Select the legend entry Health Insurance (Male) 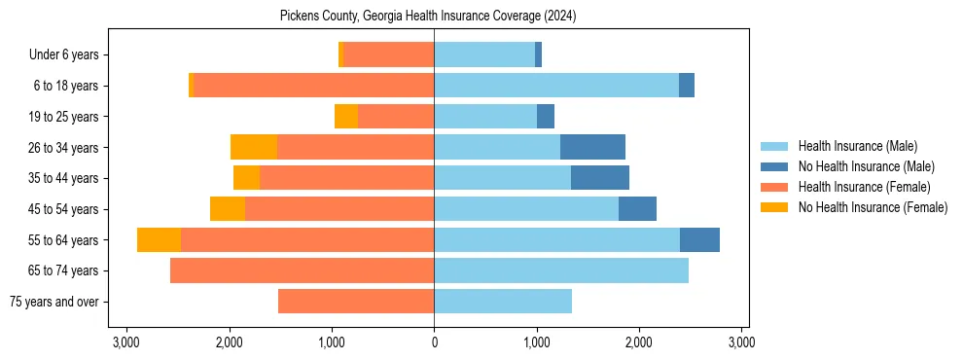pyautogui.click(x=857, y=146)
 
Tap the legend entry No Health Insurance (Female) pyautogui.click(x=873, y=207)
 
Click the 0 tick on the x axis pyautogui.click(x=434, y=342)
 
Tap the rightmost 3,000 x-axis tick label pyautogui.click(x=741, y=342)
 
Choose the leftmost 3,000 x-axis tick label pyautogui.click(x=126, y=342)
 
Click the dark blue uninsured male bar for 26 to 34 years pyautogui.click(x=592, y=147)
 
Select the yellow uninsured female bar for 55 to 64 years pyautogui.click(x=159, y=239)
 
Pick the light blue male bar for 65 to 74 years pyautogui.click(x=561, y=270)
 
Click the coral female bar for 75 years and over pyautogui.click(x=356, y=302)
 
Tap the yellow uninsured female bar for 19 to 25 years pyautogui.click(x=346, y=117)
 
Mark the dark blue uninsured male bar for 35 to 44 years pyautogui.click(x=600, y=178)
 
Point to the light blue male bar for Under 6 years pyautogui.click(x=484, y=55)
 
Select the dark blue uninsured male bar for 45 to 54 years pyautogui.click(x=637, y=209)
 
